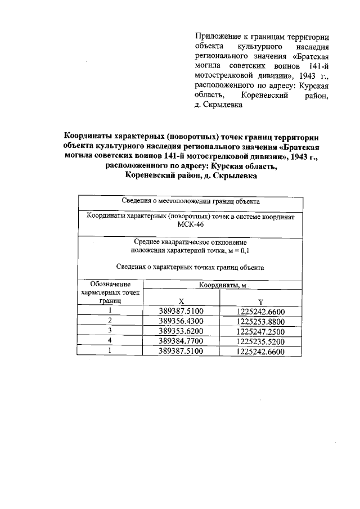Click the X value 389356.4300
[181, 321]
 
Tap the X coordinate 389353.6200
[181, 331]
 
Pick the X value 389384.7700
[181, 341]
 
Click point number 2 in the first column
[110, 321]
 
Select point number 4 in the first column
[110, 341]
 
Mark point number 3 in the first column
[110, 331]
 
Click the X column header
[180, 301]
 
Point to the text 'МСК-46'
[190, 224]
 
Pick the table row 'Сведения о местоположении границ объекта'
[190, 201]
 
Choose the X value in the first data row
[181, 311]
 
